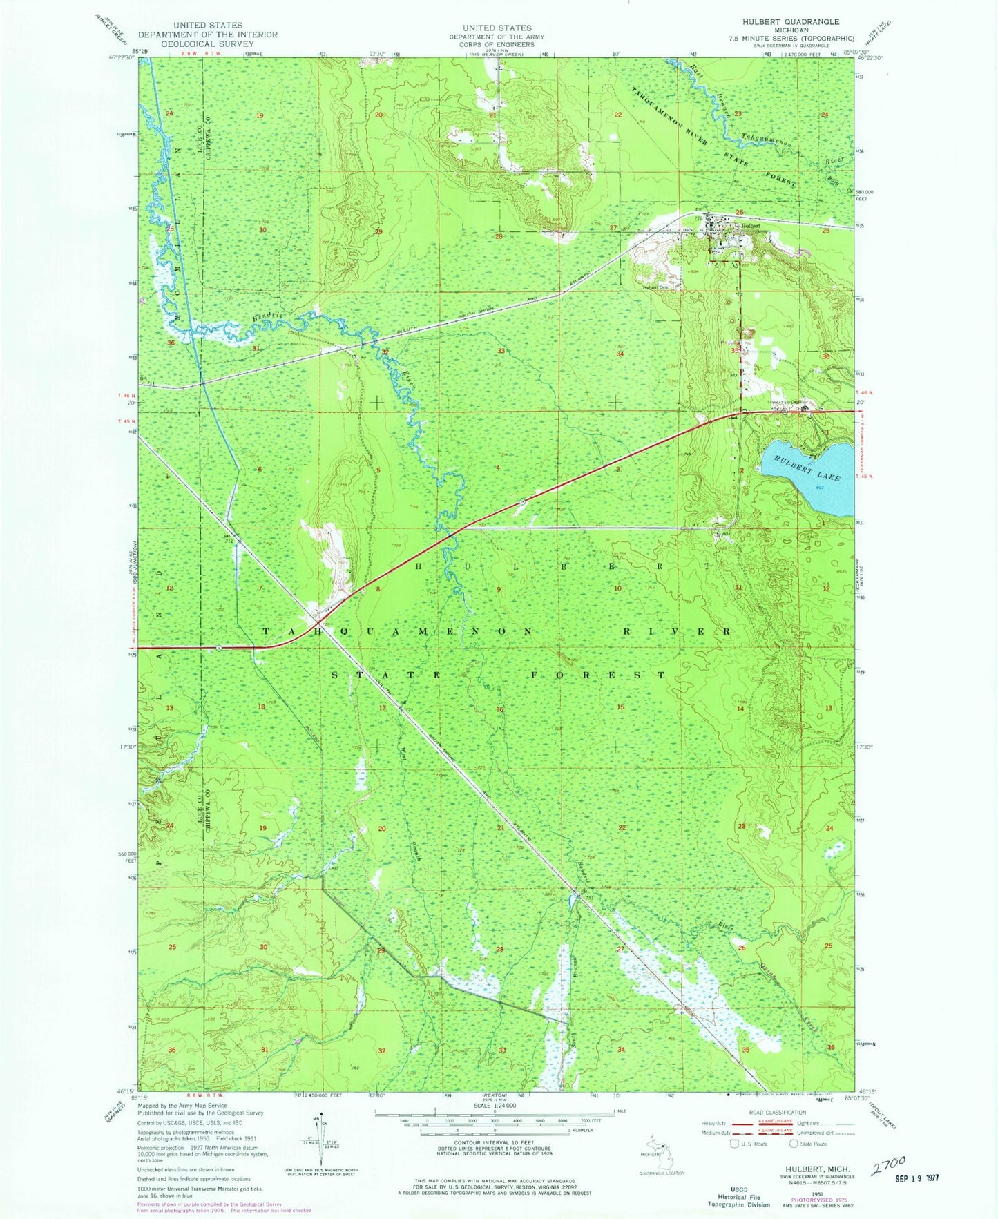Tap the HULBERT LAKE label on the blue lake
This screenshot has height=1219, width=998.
(x=806, y=468)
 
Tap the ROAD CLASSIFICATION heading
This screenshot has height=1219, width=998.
(x=777, y=1113)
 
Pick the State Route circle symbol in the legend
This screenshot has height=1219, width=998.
(x=794, y=1144)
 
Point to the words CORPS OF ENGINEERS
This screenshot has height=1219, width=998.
(x=497, y=44)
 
